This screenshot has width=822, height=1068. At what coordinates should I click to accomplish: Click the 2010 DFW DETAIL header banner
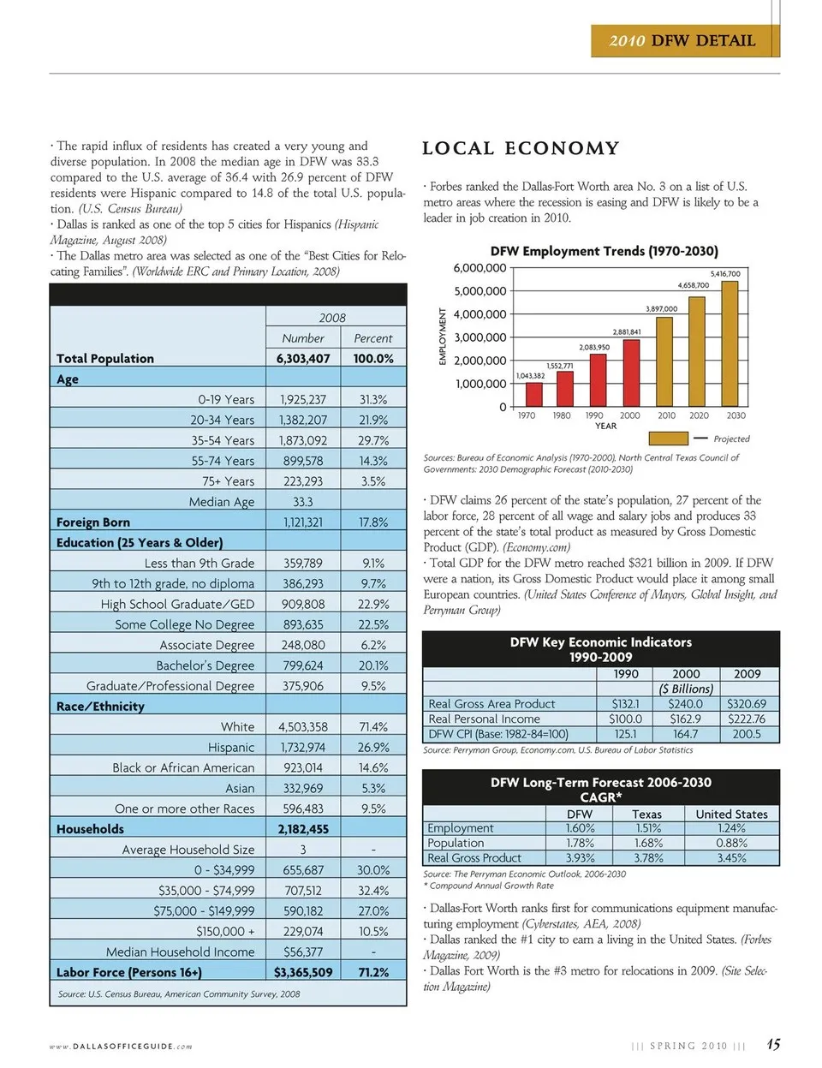click(x=684, y=40)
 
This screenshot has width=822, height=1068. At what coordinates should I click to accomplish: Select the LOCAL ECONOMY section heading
click(x=521, y=148)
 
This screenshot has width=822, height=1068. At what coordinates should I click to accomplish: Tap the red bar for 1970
click(x=533, y=394)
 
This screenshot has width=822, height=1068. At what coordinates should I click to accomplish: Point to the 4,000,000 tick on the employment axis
click(x=479, y=314)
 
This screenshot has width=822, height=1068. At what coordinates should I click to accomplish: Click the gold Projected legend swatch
click(x=669, y=439)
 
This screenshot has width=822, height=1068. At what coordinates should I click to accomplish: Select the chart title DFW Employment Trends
click(x=604, y=251)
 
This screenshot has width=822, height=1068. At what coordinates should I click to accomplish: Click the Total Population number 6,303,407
click(x=303, y=359)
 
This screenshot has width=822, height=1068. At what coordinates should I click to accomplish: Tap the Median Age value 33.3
click(x=303, y=502)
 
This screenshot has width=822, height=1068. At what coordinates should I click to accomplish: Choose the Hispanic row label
click(x=231, y=748)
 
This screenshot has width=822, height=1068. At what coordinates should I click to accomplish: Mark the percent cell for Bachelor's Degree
click(x=373, y=665)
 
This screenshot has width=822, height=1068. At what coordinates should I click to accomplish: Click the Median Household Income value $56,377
click(x=303, y=952)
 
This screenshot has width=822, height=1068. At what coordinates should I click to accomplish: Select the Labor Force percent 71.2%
click(x=373, y=972)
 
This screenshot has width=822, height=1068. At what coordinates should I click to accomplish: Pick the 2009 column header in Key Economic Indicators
click(x=747, y=674)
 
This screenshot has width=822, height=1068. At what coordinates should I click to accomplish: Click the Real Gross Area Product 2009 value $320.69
click(x=747, y=704)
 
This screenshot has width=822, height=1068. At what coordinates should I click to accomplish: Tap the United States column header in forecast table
click(x=731, y=814)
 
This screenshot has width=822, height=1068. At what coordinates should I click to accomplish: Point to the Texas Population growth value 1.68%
click(x=647, y=843)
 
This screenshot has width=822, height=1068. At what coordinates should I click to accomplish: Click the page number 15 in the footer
click(x=772, y=1045)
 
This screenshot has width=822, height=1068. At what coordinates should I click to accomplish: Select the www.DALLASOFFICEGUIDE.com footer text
click(x=121, y=1046)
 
